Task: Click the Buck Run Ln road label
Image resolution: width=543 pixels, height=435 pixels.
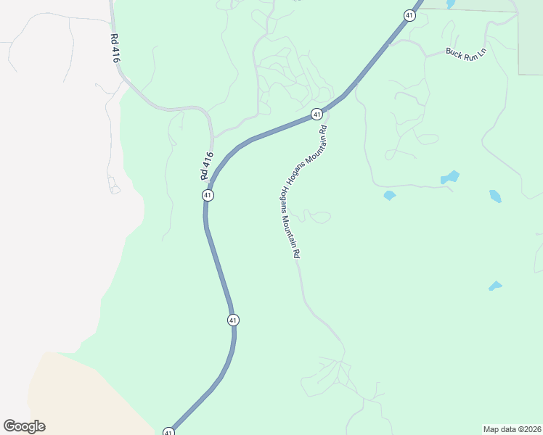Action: tap(465, 54)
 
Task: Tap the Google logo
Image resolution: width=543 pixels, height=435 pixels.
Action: tap(24, 426)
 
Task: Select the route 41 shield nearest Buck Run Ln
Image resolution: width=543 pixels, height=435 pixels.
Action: tap(409, 16)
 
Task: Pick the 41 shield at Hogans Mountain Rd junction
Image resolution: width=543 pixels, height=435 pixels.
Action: tap(317, 114)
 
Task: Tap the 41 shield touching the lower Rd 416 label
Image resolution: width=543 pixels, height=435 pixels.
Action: tap(208, 195)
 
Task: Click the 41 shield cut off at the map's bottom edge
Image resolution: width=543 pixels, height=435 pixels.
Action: tap(168, 431)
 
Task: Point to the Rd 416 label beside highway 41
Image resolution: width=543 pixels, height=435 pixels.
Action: tap(207, 166)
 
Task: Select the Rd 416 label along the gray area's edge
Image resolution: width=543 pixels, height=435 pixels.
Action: tap(114, 48)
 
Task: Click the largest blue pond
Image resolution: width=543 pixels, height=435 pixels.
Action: tap(451, 177)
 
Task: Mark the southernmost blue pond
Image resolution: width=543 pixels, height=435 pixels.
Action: tap(496, 286)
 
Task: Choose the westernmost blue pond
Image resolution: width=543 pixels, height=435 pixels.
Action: tap(389, 195)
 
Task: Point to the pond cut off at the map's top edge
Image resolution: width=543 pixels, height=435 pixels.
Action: tap(451, 4)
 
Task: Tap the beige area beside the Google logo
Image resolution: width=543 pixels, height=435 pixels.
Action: tap(80, 395)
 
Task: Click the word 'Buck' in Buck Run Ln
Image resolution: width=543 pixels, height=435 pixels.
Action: tap(454, 52)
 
